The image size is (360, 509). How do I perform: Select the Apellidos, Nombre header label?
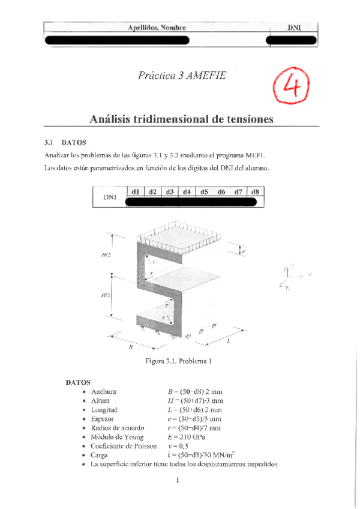tap(157, 28)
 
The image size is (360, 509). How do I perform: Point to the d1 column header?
tap(135, 192)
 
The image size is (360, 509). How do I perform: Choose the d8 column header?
tap(256, 192)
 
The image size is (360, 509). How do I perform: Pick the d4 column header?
tap(187, 192)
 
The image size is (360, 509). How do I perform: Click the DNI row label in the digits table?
tap(109, 197)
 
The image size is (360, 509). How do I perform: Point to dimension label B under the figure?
tap(130, 347)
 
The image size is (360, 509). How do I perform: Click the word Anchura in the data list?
tap(103, 391)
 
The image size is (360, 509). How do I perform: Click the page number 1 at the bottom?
tap(179, 480)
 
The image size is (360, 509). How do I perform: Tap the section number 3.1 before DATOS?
tap(49, 143)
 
